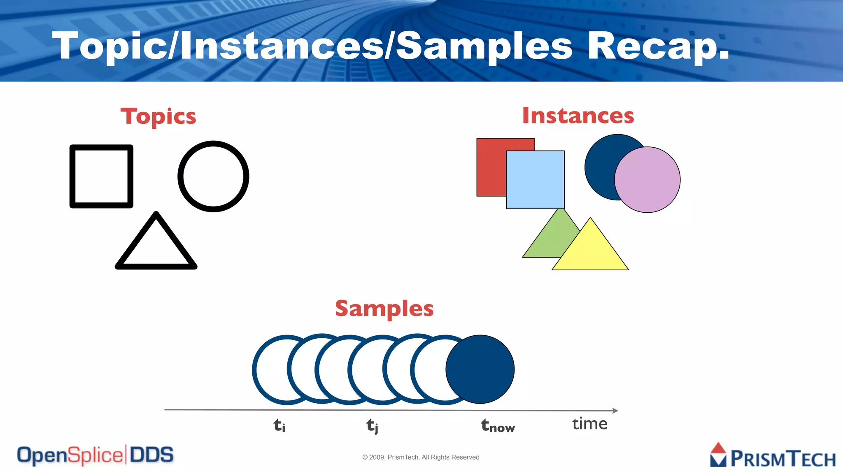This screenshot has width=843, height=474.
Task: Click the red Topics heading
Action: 158,117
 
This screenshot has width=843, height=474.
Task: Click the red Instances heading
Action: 578,116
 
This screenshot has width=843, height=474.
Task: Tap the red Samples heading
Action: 384,309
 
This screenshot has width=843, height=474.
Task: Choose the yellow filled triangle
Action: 590,251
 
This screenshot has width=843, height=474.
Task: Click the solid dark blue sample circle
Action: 480,369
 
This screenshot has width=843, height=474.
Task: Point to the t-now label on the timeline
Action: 498,426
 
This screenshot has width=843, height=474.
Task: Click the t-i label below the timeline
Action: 279,425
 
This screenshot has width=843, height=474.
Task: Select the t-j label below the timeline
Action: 372,425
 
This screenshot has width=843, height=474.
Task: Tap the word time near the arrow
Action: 589,424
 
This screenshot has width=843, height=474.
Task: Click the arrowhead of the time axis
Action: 615,410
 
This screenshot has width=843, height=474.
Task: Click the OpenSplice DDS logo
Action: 95,455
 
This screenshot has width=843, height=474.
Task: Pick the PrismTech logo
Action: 773,456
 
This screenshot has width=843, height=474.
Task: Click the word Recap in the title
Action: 658,46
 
